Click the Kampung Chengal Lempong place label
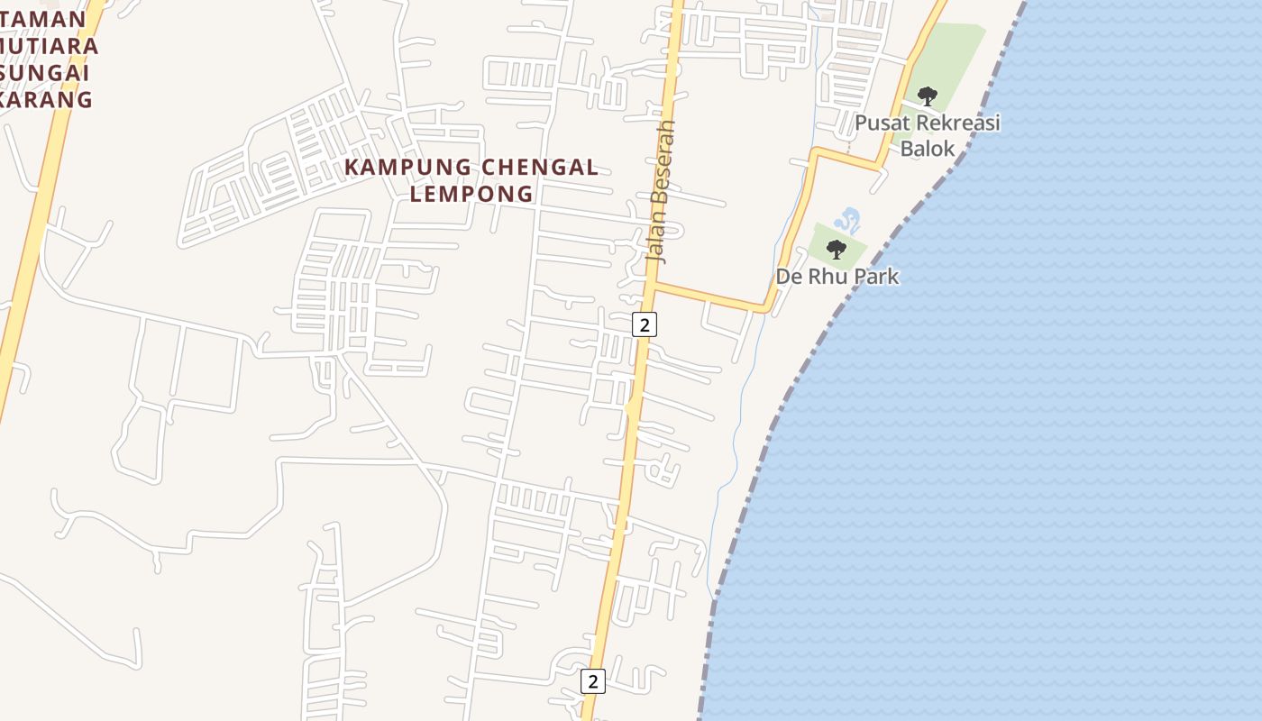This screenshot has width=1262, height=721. [x=471, y=180]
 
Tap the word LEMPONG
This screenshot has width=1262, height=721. [x=471, y=194]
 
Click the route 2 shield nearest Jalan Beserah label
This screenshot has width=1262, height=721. [x=644, y=324]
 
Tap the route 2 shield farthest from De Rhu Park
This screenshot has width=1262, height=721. [x=592, y=681]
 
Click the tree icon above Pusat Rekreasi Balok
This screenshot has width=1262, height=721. [x=927, y=96]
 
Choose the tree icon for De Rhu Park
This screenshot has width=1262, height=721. [x=836, y=250]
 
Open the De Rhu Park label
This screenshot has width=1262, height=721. [x=837, y=276]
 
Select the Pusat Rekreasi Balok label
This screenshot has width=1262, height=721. [x=928, y=135]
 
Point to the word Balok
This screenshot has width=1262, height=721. [x=928, y=149]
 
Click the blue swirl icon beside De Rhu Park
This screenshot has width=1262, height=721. [x=846, y=219]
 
